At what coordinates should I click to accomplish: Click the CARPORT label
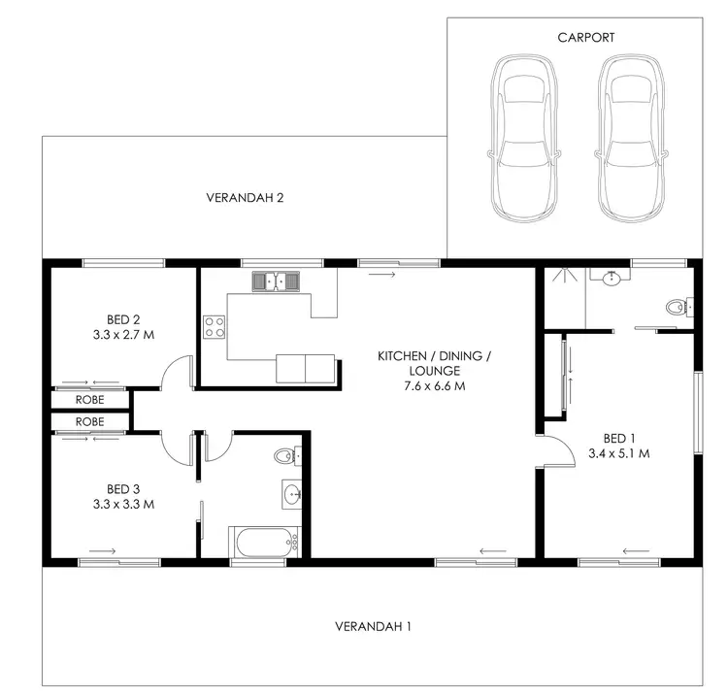tap(585, 37)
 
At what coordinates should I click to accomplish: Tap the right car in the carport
tap(633, 137)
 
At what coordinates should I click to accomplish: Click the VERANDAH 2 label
tap(245, 198)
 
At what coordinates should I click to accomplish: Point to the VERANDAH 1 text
tap(373, 626)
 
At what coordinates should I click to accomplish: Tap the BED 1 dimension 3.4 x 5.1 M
tap(619, 452)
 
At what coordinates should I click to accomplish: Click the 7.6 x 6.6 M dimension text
tap(434, 386)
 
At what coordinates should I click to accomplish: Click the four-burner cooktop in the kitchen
tap(215, 327)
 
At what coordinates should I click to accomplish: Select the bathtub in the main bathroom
tap(264, 543)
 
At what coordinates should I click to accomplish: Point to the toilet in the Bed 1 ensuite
tap(677, 309)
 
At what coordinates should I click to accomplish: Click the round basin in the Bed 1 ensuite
tap(612, 281)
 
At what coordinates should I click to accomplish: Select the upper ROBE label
tap(90, 398)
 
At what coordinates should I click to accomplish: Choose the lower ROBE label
tap(90, 422)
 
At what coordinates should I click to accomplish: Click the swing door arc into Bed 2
tap(177, 372)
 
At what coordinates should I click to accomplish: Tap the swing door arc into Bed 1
tap(554, 451)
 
